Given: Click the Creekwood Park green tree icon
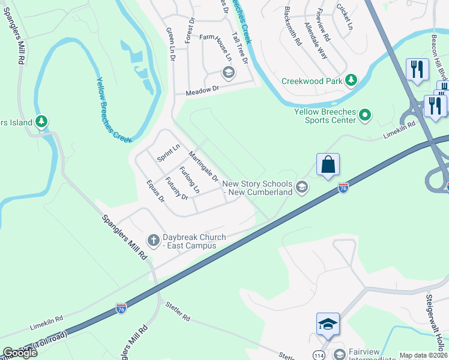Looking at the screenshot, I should (351, 80).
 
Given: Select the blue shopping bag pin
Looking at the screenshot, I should (328, 165).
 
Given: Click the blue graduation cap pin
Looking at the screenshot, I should (328, 324).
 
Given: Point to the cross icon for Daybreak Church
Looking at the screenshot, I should (153, 241).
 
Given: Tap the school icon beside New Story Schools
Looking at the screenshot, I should (302, 188).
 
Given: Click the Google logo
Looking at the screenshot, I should (19, 353).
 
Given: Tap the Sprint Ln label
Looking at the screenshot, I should (169, 152).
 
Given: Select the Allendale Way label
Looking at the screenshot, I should (316, 40).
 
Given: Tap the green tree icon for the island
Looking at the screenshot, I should (41, 122).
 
